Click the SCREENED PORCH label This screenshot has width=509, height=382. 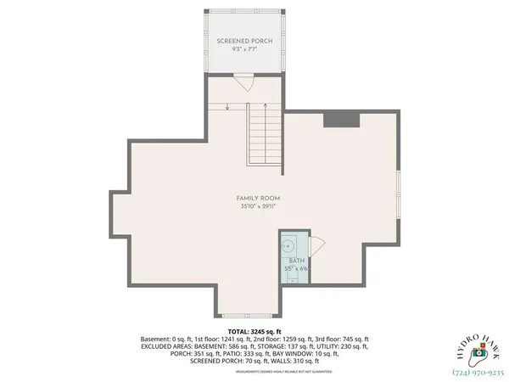(x=243, y=42)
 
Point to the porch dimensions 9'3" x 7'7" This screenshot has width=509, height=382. (x=243, y=50)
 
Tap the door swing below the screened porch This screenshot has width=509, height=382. (x=243, y=81)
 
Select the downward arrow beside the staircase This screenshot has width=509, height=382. (x=228, y=106)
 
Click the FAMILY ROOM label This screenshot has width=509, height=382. (x=258, y=198)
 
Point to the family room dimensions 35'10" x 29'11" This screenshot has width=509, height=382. (x=258, y=206)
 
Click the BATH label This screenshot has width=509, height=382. (x=296, y=261)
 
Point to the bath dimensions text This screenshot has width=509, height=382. (x=296, y=269)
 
